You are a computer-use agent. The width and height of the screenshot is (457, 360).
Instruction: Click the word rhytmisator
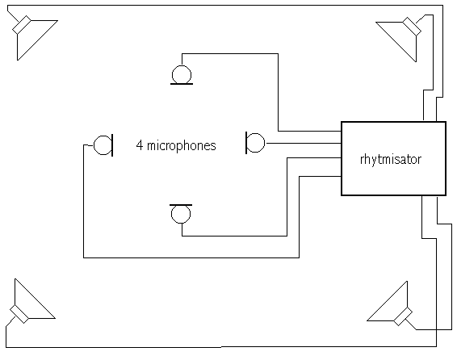[391, 160]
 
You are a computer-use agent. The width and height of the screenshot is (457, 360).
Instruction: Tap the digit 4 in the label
[140, 145]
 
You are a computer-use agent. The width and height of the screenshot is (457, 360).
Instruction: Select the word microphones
[182, 146]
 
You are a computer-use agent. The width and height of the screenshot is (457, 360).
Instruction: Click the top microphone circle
[182, 66]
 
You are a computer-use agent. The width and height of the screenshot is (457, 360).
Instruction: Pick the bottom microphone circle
[181, 223]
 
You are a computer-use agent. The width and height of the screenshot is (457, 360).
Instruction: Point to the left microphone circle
[94, 145]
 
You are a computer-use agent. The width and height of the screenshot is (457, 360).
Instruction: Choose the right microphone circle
[265, 143]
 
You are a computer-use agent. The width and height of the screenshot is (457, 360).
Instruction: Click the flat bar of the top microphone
[182, 84]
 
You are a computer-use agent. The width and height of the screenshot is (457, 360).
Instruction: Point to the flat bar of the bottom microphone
[181, 205]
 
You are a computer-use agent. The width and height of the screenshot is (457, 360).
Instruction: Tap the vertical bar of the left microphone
[112, 145]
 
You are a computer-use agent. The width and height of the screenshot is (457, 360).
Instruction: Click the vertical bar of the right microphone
[246, 143]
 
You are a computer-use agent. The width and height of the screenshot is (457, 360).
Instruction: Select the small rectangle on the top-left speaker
[22, 24]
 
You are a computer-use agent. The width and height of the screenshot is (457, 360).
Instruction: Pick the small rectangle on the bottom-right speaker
[403, 316]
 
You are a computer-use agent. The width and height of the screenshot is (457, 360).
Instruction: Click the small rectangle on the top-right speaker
[412, 27]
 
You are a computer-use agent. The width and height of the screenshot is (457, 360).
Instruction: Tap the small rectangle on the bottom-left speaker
[19, 314]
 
